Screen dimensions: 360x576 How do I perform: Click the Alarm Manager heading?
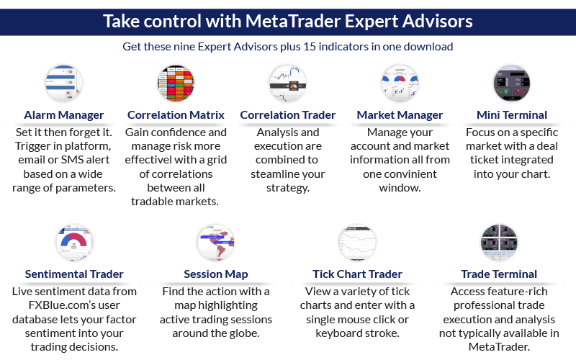coord(63,114)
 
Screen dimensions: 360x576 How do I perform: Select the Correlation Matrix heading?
coord(176,114)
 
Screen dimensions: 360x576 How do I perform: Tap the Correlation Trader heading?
coord(288,114)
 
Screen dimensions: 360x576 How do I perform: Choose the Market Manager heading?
coord(400,114)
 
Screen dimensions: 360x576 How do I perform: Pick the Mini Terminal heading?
coord(512,114)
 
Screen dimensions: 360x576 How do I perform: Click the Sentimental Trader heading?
coord(74,274)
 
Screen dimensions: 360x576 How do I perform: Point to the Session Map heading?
coord(216,274)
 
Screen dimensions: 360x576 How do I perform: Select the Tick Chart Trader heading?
coord(358,274)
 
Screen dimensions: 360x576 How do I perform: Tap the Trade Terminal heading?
coord(499,274)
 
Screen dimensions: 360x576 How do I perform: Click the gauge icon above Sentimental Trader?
coord(74,242)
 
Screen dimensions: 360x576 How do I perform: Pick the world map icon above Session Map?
coord(216,242)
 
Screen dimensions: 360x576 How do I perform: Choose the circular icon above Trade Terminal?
coord(499,242)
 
